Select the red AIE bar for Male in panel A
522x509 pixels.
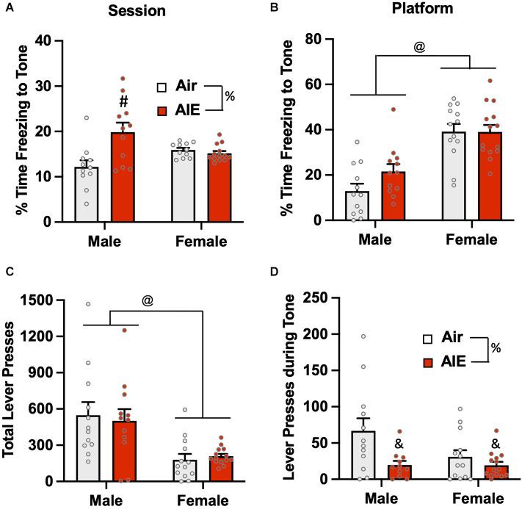click(x=123, y=177)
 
